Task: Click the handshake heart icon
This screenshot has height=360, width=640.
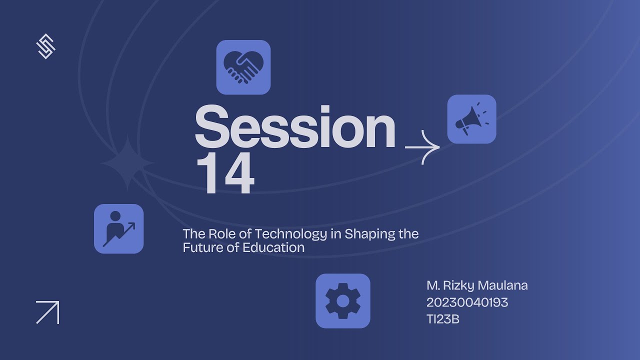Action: (243, 67)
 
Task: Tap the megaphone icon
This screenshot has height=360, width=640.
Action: (471, 119)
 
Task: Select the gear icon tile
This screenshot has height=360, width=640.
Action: (343, 301)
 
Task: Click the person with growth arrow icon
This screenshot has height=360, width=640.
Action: (119, 228)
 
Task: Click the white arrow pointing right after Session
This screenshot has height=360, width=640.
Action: (422, 147)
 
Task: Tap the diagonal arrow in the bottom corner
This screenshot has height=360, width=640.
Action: (47, 312)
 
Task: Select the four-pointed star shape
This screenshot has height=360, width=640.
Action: (128, 163)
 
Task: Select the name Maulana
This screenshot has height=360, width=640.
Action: (503, 285)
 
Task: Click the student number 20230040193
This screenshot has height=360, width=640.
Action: (467, 302)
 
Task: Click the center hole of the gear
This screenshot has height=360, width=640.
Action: (343, 301)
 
